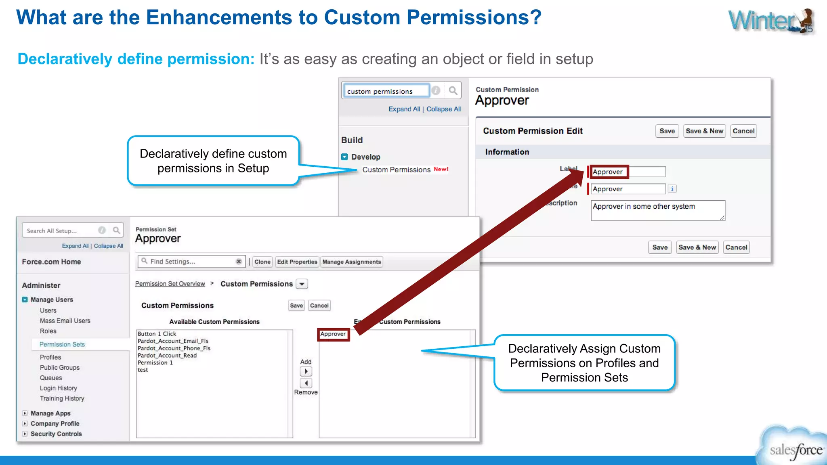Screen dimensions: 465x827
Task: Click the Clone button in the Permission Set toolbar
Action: click(x=262, y=262)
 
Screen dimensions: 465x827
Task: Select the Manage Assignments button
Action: click(x=352, y=262)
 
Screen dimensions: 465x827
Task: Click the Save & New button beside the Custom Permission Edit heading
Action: click(x=705, y=131)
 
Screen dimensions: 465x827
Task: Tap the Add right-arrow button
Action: click(x=306, y=371)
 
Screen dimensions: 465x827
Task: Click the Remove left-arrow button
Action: click(x=306, y=383)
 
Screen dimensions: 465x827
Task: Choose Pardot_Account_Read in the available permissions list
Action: click(x=167, y=356)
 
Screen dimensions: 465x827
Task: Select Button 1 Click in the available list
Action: click(x=157, y=334)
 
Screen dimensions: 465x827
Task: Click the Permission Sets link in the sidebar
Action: click(x=62, y=344)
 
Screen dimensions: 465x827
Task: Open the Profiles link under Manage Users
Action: click(x=50, y=357)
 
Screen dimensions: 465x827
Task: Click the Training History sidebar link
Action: click(x=62, y=398)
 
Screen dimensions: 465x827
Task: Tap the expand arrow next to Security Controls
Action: click(x=25, y=434)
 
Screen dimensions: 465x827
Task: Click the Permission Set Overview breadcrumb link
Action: click(x=170, y=284)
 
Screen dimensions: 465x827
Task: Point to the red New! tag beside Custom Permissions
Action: click(x=441, y=169)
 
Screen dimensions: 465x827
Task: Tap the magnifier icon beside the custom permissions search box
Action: click(x=453, y=91)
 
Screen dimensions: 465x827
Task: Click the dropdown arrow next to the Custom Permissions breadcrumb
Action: click(x=302, y=284)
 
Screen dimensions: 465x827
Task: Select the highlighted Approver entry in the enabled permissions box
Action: click(x=333, y=334)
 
